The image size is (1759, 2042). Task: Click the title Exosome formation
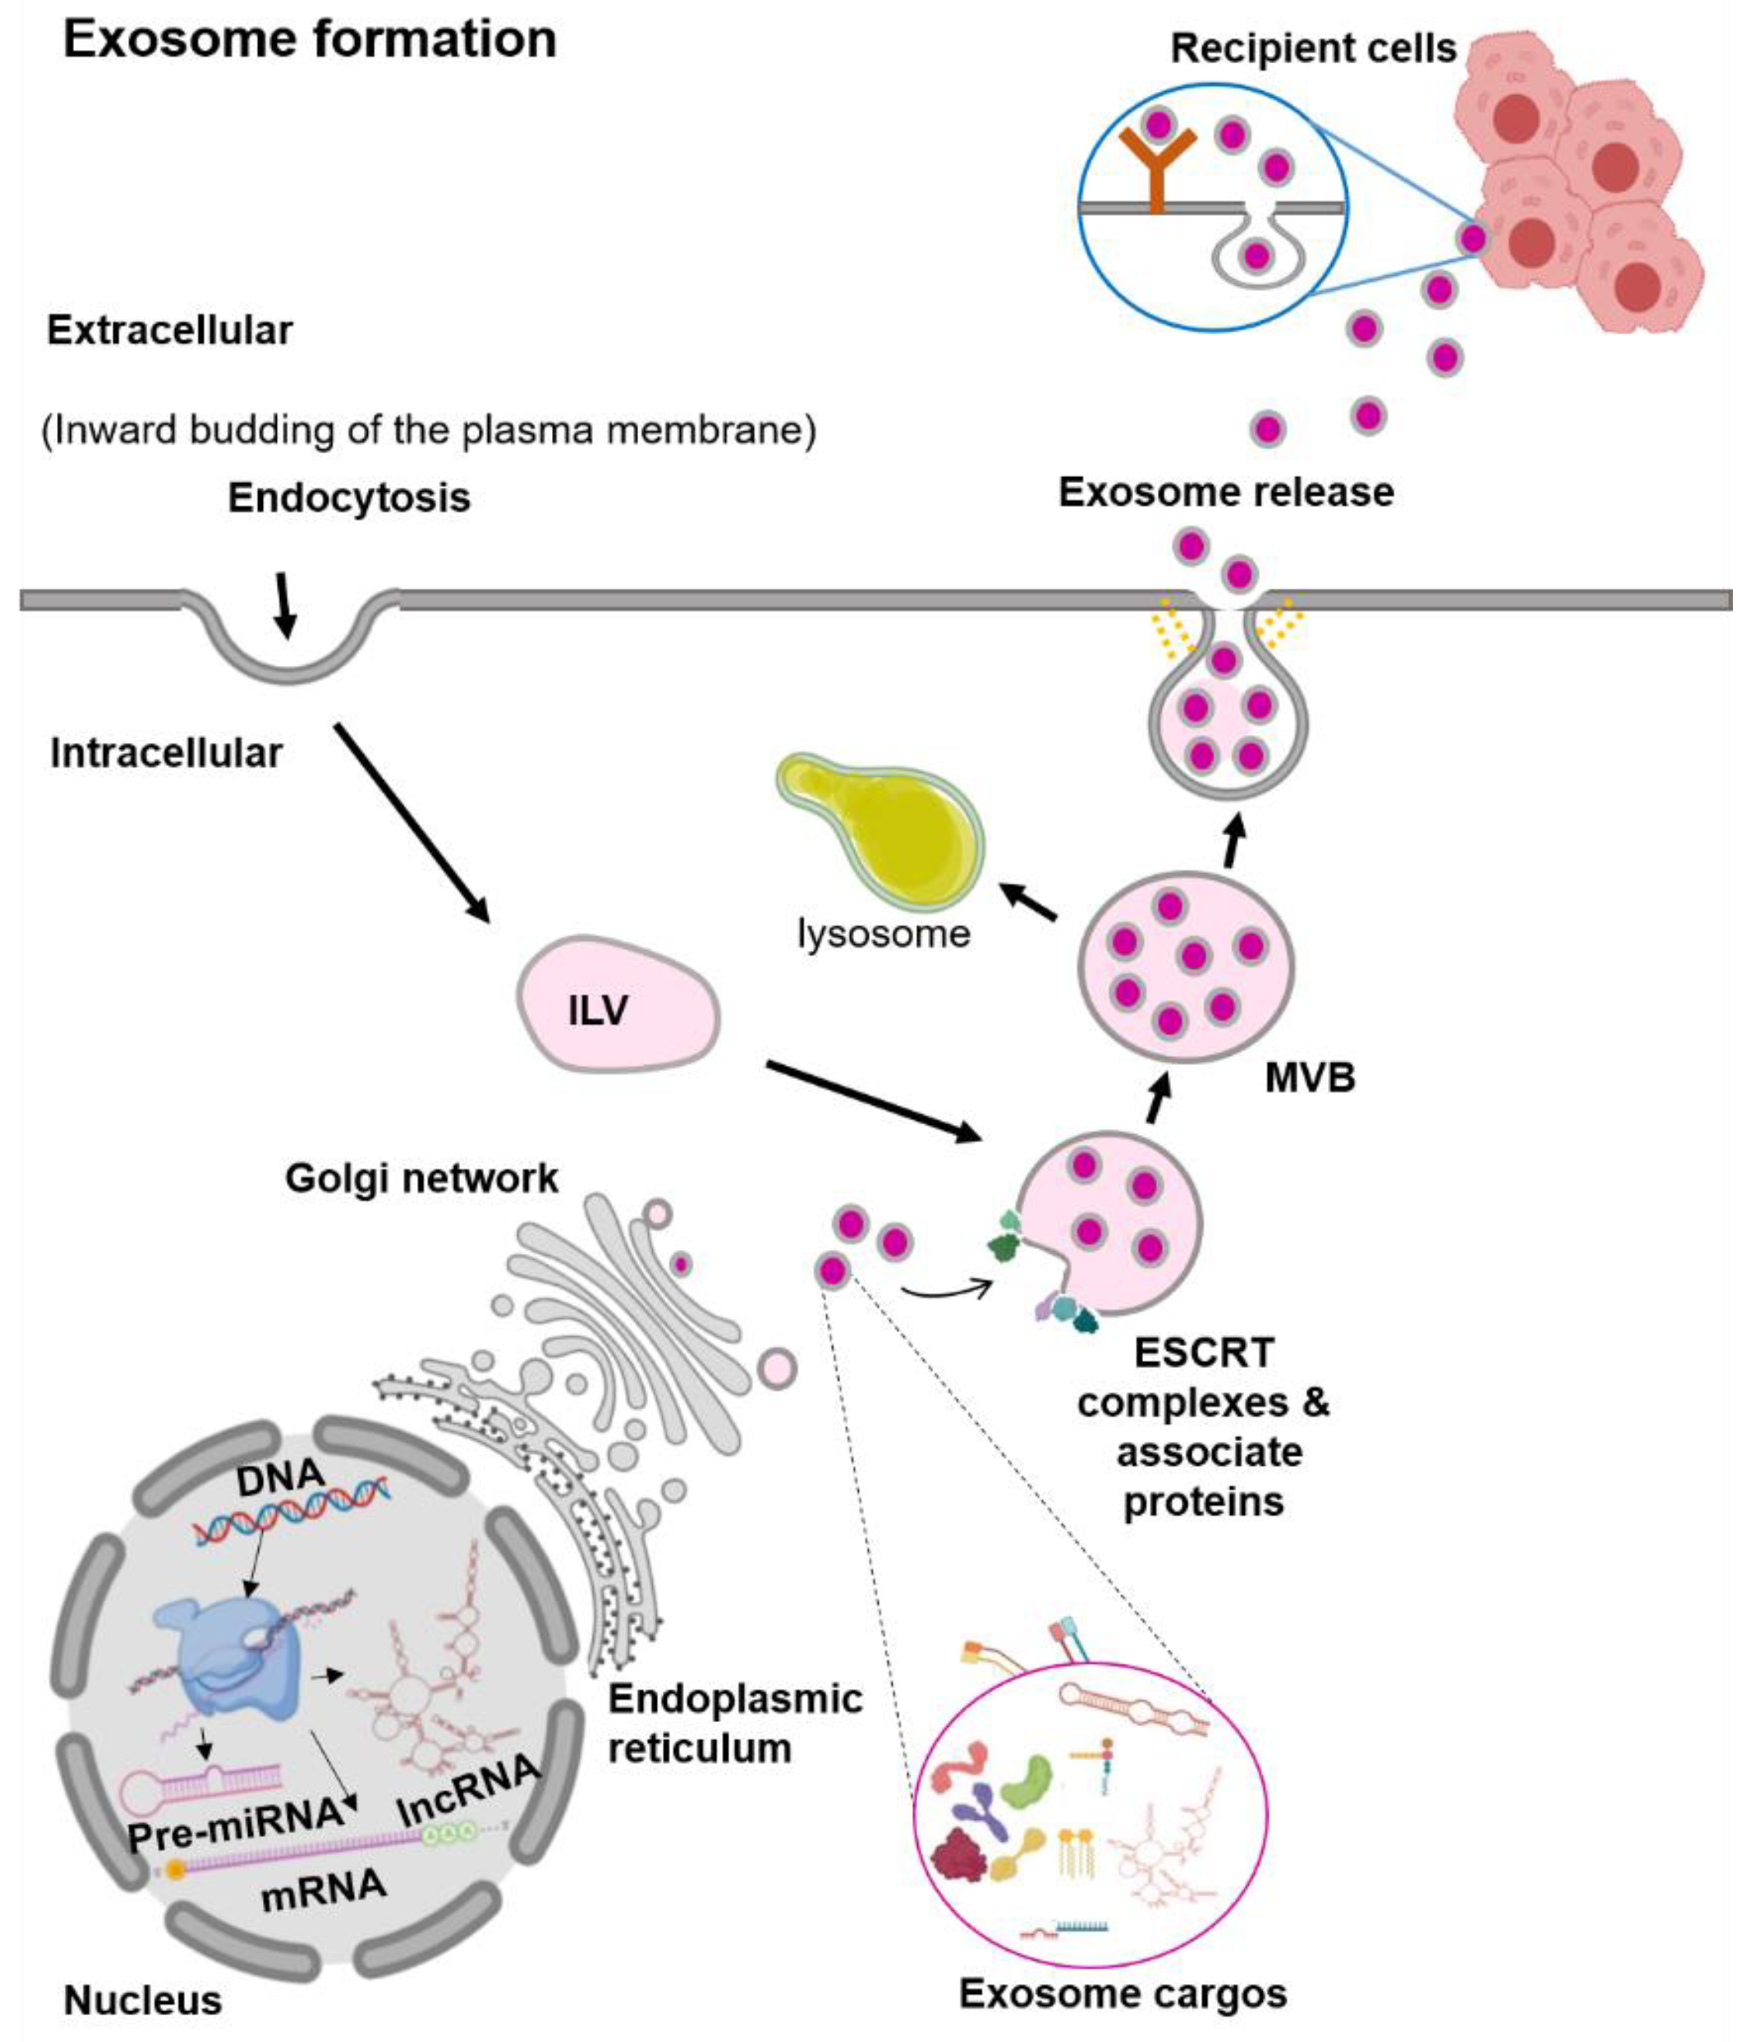click(310, 40)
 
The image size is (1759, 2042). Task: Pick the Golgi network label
click(421, 1177)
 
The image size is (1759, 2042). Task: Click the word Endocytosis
click(349, 498)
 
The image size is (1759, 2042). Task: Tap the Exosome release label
click(1226, 492)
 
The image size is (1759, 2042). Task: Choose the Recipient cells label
click(1313, 49)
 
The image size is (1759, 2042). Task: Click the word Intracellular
click(166, 753)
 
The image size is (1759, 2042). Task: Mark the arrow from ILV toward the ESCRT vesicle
click(873, 1101)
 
